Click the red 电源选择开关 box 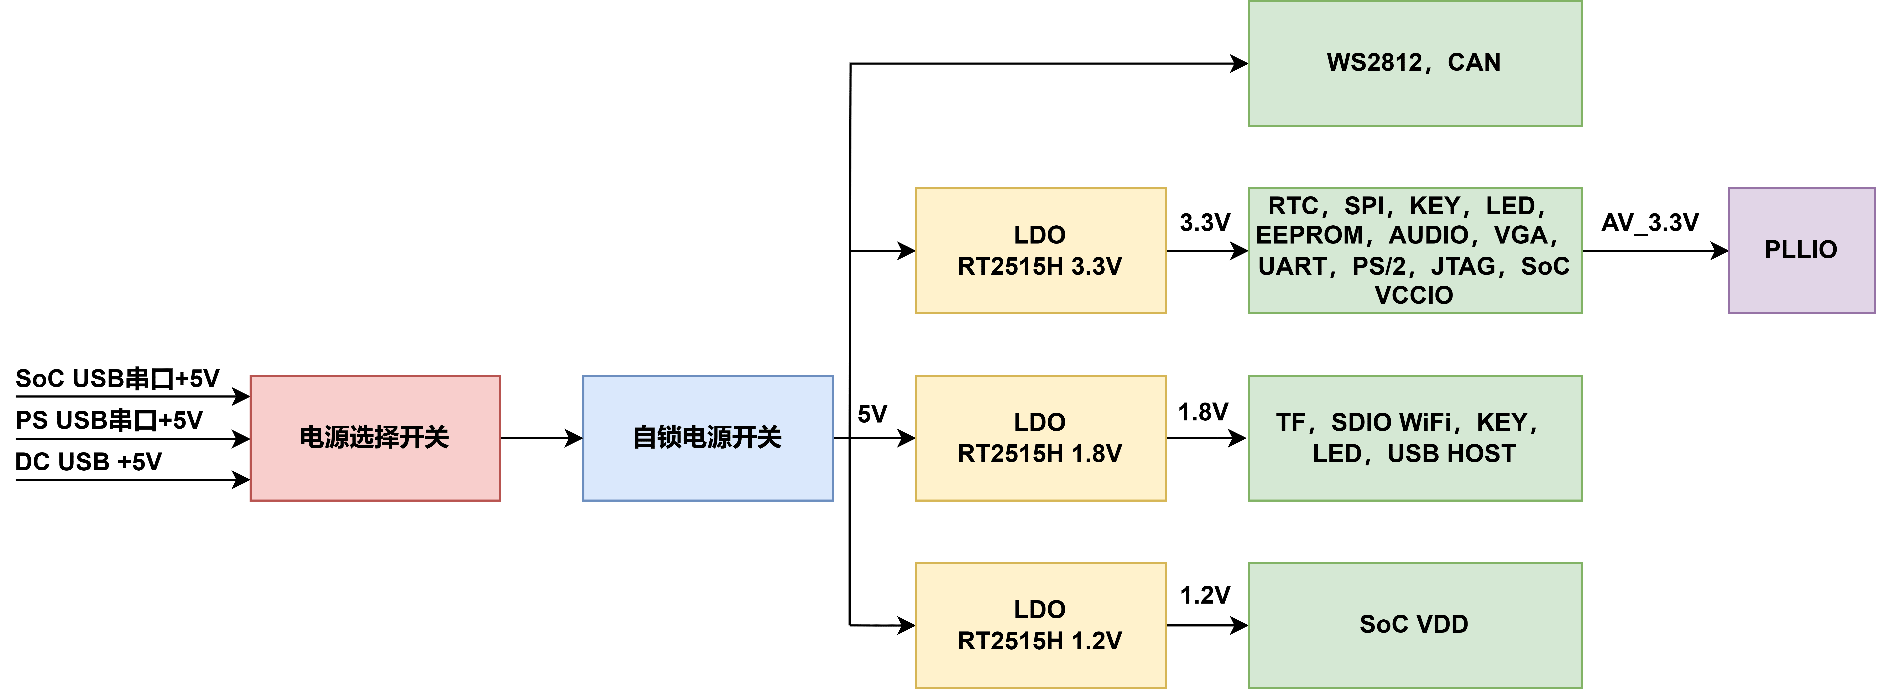point(375,438)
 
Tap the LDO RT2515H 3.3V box point(1040,250)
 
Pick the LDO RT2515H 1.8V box point(1040,438)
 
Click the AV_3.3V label point(1650,222)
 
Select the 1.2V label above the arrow point(1205,595)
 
